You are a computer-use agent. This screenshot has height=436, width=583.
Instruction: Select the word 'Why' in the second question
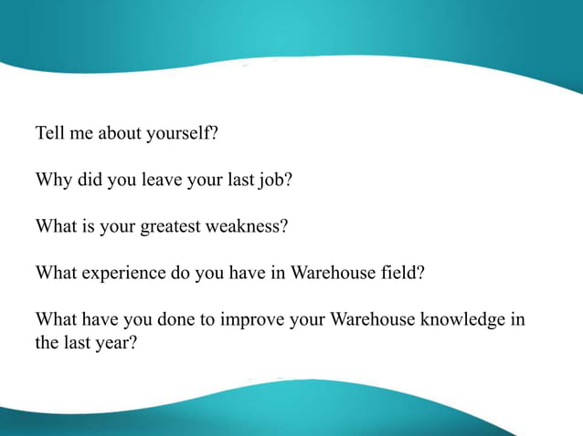point(52,180)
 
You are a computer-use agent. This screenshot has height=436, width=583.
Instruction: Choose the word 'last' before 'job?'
point(238,180)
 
